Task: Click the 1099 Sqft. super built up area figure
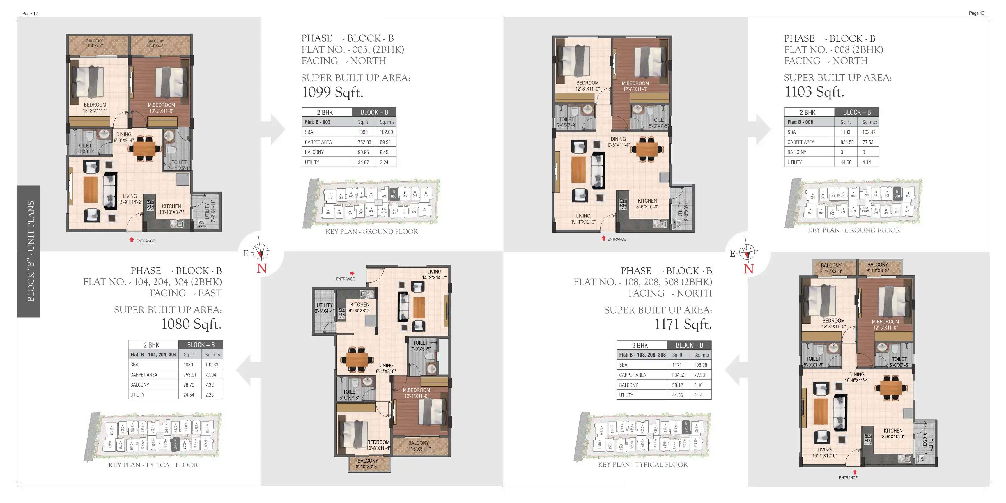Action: tap(333, 93)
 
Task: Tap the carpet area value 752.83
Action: tap(364, 142)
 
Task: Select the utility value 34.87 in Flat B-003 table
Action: tap(363, 162)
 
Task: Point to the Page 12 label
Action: tap(30, 14)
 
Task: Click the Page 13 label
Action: tap(976, 13)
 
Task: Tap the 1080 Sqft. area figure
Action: tap(191, 324)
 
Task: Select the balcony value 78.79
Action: tap(189, 385)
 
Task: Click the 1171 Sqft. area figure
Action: tap(683, 325)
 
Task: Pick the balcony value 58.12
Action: tap(678, 385)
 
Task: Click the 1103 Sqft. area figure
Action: tap(814, 92)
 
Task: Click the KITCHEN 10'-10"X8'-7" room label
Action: tap(171, 209)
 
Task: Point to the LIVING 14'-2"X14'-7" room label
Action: tap(434, 274)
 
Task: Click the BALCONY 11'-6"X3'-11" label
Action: tap(418, 446)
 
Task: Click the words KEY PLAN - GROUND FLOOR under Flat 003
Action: tap(371, 232)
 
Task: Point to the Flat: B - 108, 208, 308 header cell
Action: tap(642, 355)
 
